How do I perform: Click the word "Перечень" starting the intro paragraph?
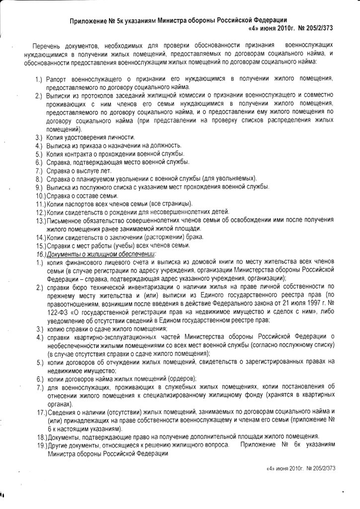pos(48,46)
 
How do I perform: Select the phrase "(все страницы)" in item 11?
pos(170,204)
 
